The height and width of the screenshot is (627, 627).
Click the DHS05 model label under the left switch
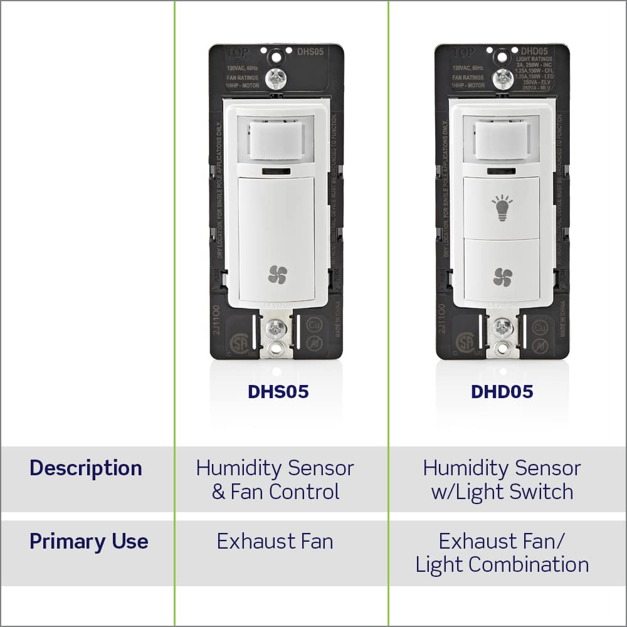[278, 392]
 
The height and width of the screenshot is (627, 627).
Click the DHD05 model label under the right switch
[502, 392]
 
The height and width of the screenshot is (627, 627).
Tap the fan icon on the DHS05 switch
[277, 274]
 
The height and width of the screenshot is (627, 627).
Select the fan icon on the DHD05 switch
[502, 277]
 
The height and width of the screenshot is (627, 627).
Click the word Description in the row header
[86, 468]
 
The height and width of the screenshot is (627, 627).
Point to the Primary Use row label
[88, 542]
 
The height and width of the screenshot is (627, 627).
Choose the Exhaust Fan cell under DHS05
[275, 542]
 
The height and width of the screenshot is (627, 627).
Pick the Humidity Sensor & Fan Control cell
[275, 480]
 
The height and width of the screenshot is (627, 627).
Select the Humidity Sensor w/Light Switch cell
[502, 480]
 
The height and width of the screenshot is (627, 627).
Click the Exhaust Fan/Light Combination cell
[502, 553]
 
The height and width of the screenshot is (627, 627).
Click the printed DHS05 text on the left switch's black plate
[310, 52]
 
